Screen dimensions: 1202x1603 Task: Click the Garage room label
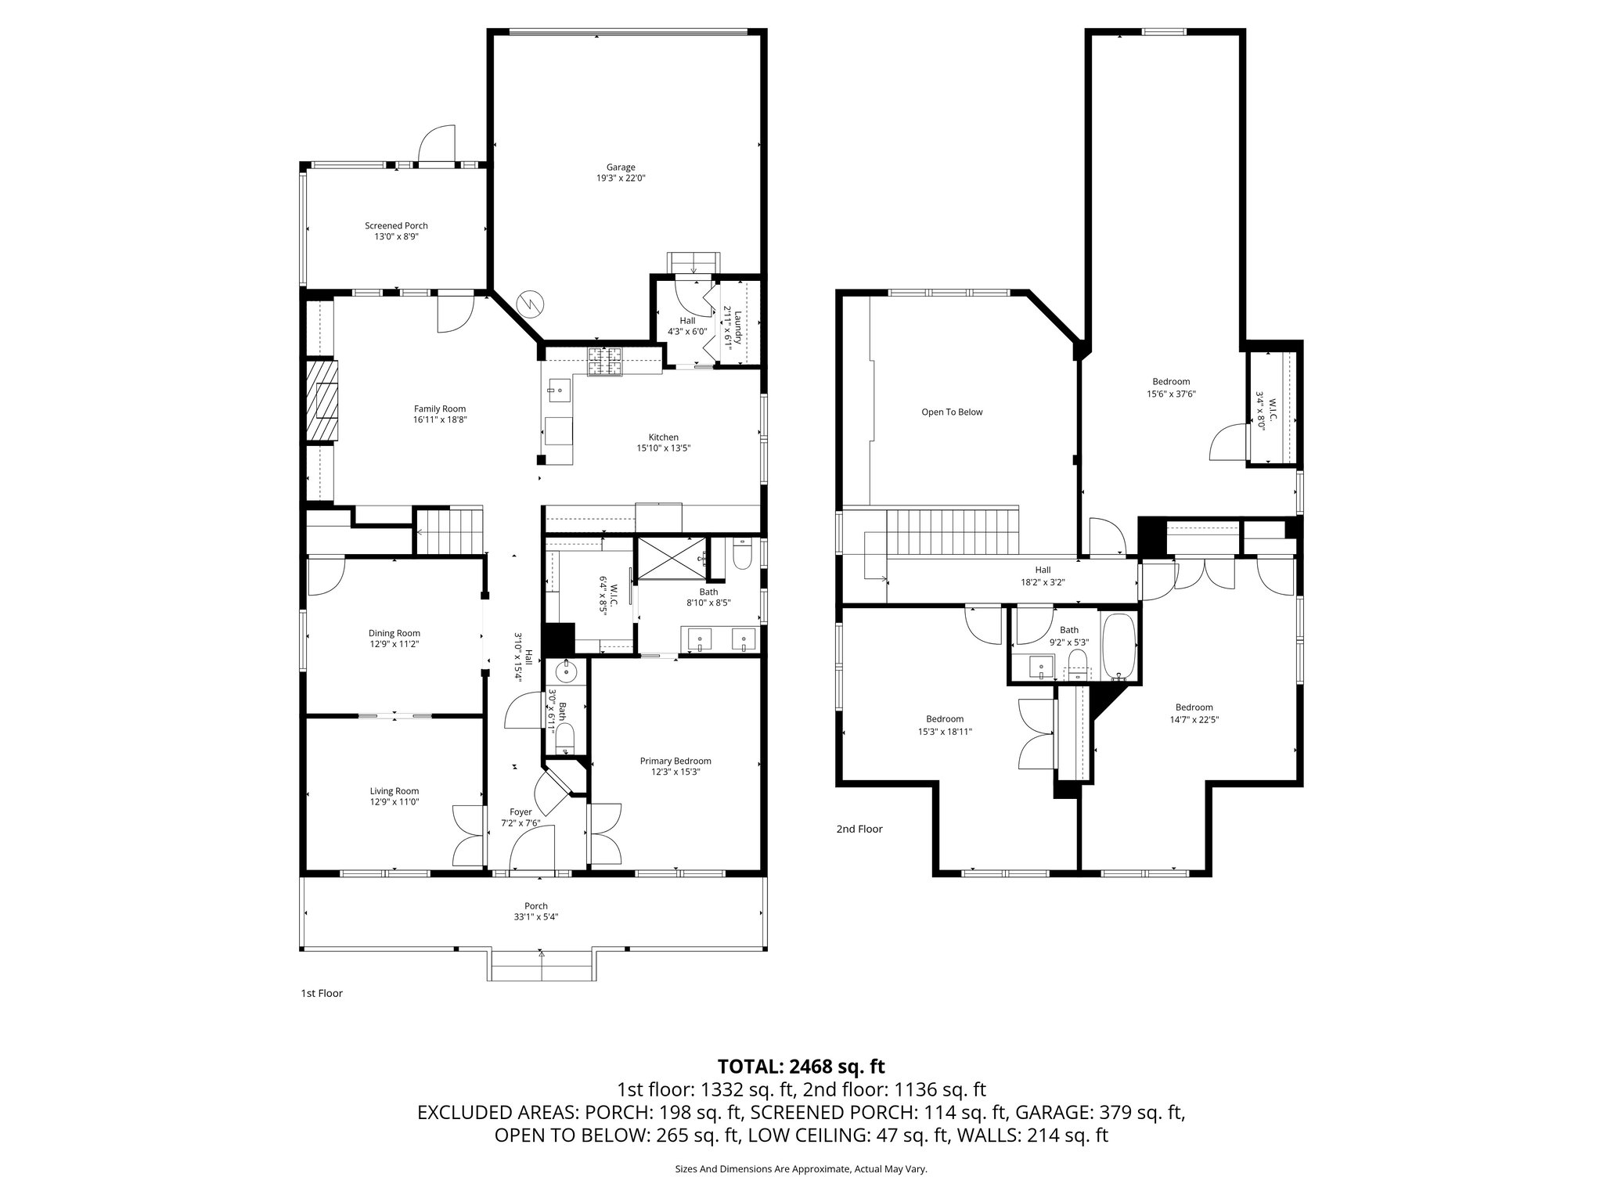coord(620,167)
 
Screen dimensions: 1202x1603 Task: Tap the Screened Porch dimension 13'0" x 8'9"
coord(396,236)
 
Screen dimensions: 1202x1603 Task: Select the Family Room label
coord(439,408)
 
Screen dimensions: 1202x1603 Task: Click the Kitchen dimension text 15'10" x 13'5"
coord(663,448)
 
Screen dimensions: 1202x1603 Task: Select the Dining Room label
coord(394,633)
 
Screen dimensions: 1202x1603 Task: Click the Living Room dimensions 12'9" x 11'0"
coord(394,801)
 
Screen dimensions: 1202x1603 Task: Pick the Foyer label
coord(521,812)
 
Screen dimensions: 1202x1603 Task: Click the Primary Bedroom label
coord(675,761)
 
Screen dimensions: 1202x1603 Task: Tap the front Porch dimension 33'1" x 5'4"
coord(536,917)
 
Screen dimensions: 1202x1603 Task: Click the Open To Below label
coord(951,412)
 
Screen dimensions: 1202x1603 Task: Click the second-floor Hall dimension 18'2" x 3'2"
coord(1043,581)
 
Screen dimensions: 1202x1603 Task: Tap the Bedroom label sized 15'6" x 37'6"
coord(1171,382)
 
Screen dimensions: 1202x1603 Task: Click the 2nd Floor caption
coord(859,829)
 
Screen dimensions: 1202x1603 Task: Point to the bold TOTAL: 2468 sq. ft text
coord(801,1066)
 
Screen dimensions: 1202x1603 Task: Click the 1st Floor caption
coord(322,993)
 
